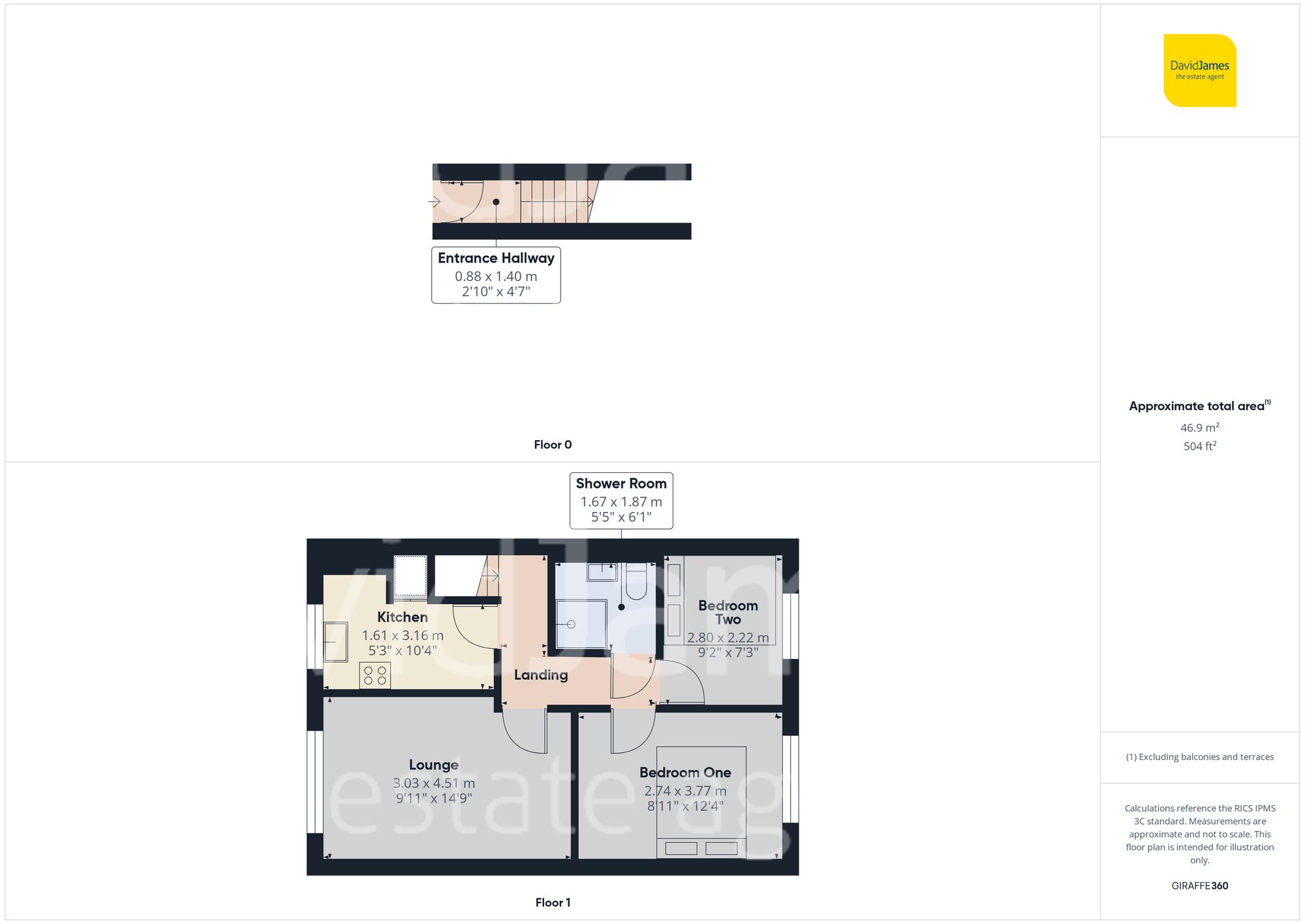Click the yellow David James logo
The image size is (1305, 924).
tap(1199, 71)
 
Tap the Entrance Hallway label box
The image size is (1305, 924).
tap(496, 274)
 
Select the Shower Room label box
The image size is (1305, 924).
tap(621, 500)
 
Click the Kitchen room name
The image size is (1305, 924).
tap(403, 617)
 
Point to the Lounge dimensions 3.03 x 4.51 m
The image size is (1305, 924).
tap(434, 783)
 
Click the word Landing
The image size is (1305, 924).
tap(541, 675)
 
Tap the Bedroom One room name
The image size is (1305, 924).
tap(685, 773)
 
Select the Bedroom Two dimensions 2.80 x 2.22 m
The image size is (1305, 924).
tap(728, 637)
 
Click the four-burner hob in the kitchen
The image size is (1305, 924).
tap(375, 675)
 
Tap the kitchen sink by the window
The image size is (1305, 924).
tap(335, 641)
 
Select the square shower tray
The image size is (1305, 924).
tap(581, 624)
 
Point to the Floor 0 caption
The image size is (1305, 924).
tap(553, 445)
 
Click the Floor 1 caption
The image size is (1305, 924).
tap(553, 902)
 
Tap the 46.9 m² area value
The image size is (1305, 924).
tap(1199, 428)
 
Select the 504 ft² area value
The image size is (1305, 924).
tap(1199, 446)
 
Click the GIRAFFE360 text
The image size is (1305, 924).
tap(1199, 886)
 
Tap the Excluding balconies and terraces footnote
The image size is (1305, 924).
tap(1199, 757)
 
